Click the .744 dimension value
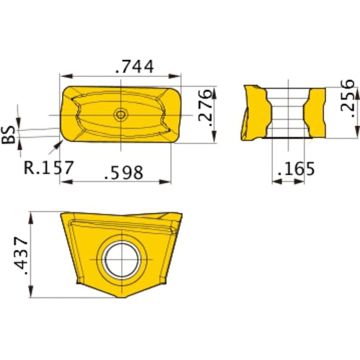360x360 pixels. coord(134,67)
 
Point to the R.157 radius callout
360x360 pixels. coord(48,168)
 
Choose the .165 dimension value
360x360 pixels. coord(297,170)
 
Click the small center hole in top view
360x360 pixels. coord(120,114)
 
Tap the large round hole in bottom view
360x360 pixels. coord(120,260)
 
